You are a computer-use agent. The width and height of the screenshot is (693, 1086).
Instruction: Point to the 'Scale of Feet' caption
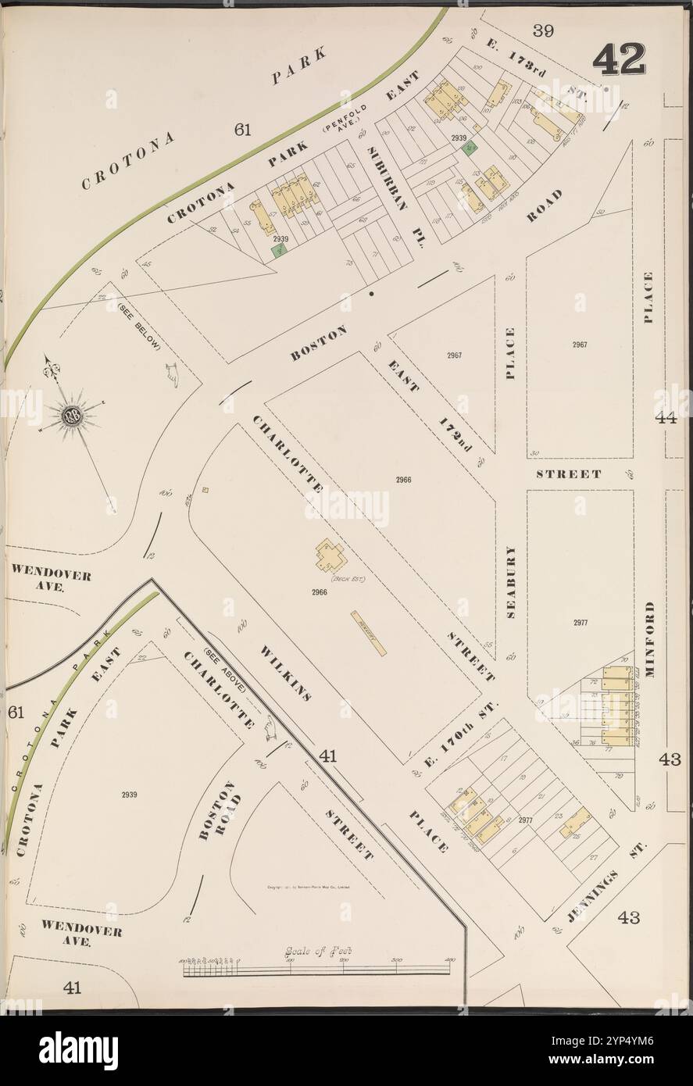(x=319, y=951)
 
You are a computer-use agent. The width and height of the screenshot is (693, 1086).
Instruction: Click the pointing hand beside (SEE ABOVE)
(x=271, y=728)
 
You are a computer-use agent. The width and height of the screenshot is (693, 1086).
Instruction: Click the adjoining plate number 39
(x=543, y=30)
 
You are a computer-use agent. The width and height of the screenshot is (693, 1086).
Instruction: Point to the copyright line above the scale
(x=308, y=888)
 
